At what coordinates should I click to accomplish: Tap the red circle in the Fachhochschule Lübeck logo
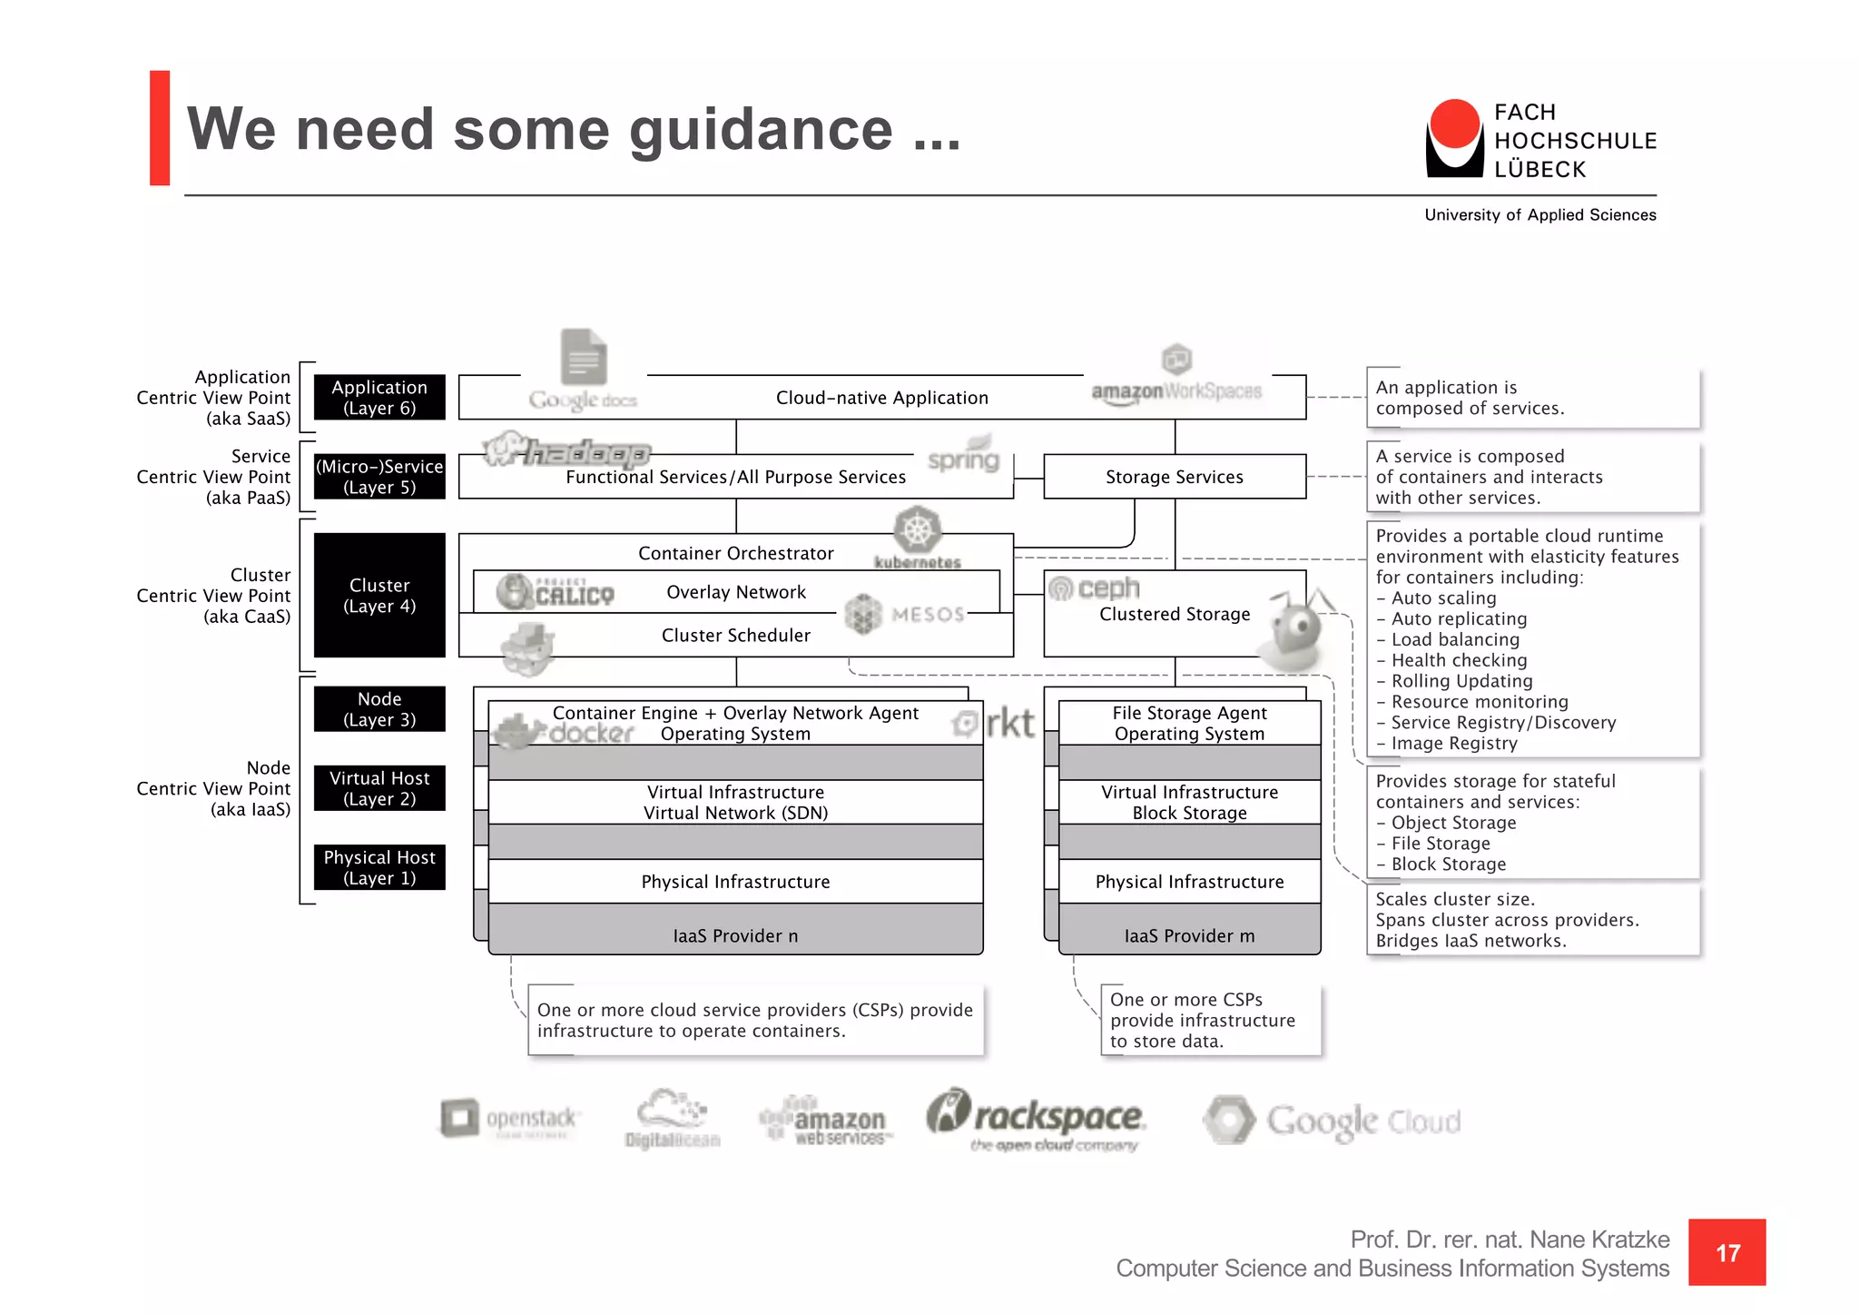point(1454,124)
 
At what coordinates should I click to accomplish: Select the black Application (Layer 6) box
point(379,398)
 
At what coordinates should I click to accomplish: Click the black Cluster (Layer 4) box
point(379,595)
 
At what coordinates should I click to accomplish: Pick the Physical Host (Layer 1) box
point(379,867)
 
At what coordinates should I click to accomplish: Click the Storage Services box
point(1174,477)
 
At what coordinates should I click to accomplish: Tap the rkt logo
point(995,724)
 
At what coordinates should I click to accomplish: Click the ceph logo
point(1095,588)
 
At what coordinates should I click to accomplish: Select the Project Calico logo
point(556,592)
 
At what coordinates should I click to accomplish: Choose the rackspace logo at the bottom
point(1037,1119)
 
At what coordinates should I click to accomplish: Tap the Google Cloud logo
point(1332,1121)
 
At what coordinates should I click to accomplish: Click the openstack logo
point(508,1118)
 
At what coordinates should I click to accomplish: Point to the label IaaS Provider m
point(1189,935)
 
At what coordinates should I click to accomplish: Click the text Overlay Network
point(735,592)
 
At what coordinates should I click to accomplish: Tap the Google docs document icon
point(583,357)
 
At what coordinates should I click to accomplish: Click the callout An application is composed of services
point(1531,398)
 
